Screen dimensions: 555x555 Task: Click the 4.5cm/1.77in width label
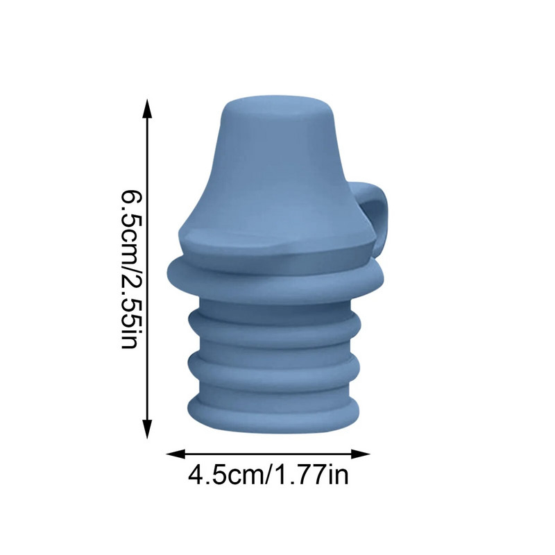[268, 477]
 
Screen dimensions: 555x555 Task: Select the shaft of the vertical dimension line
[147, 271]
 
